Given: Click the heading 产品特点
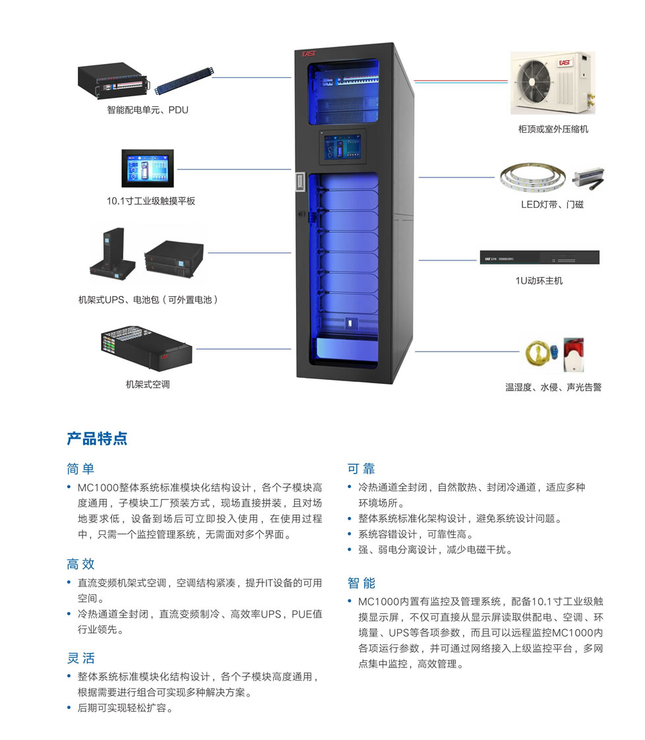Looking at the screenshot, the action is [97, 439].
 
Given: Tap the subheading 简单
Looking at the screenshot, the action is [80, 469].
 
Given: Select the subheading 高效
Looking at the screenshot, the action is [80, 564].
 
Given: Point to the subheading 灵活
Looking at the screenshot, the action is [80, 658].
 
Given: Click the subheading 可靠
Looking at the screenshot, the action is [361, 469].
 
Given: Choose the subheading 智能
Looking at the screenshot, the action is [361, 583].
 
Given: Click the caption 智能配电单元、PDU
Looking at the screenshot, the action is [148, 110].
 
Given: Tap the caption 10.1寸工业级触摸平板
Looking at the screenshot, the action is [150, 201].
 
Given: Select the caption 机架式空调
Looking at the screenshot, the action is [148, 384].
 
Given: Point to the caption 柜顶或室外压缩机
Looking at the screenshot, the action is [553, 129].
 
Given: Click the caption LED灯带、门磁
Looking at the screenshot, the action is [552, 204].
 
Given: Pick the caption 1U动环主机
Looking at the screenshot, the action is [539, 281].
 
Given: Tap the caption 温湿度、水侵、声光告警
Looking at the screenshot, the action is [553, 387].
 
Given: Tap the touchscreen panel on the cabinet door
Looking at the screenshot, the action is [342, 146].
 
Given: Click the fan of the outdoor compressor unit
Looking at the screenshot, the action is [533, 82].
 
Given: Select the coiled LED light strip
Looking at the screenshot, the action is [533, 177].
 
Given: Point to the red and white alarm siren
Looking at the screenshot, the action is [574, 354].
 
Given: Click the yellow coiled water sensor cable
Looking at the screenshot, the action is [537, 354].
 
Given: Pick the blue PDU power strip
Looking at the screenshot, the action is [185, 80].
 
